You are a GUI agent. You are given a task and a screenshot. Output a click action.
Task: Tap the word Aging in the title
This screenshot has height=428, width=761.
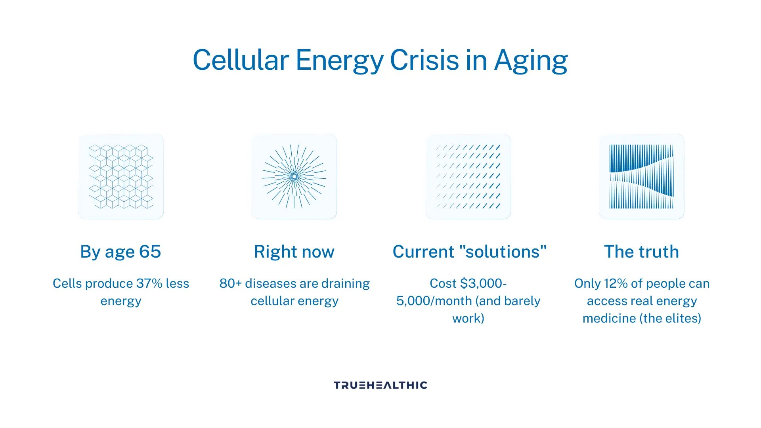coord(531,61)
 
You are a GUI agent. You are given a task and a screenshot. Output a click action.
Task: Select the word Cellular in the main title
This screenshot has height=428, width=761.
coord(241,60)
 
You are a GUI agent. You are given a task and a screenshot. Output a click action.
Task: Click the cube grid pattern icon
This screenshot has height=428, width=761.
coord(121,176)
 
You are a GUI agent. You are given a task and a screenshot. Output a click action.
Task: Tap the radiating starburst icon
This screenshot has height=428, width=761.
coord(294,176)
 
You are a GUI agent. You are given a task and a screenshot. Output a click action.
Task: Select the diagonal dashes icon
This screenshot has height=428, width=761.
coord(468,176)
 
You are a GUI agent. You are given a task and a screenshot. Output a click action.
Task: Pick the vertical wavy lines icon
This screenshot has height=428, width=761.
coord(641,176)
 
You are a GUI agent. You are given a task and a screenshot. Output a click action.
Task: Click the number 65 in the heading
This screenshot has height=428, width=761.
coord(150,252)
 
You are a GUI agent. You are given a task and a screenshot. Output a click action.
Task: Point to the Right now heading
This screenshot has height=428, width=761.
coord(294,252)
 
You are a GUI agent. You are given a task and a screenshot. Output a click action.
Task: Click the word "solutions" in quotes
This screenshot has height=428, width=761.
coord(503,252)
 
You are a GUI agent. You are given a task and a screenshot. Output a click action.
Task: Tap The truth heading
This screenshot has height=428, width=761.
coord(641,252)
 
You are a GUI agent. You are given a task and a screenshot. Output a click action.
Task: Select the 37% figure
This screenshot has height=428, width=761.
coord(149,283)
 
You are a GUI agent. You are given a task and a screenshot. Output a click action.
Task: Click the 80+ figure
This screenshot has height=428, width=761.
coord(231,283)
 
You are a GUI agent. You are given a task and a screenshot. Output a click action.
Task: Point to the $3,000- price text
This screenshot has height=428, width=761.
coord(484,283)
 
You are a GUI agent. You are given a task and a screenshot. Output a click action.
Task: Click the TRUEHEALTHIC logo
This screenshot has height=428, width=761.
coord(380,385)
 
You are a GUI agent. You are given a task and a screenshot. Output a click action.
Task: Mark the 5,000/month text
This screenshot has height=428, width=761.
coord(434,301)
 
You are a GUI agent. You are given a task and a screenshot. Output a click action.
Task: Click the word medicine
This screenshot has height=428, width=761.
coord(609,318)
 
